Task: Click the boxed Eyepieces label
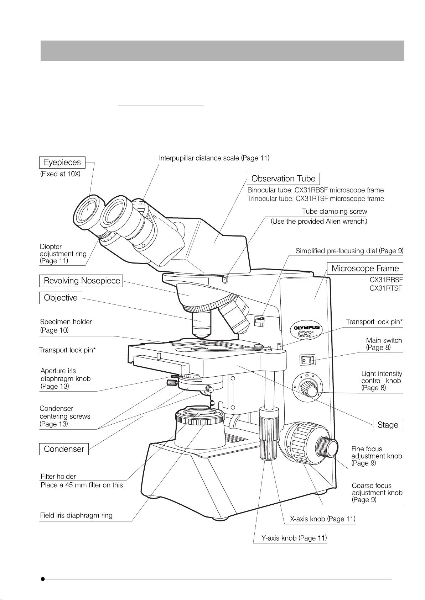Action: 62,163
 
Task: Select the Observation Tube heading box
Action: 283,179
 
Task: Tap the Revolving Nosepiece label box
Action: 81,281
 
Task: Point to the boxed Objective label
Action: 61,298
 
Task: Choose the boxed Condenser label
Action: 64,449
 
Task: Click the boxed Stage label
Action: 388,425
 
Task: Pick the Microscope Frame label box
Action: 365,268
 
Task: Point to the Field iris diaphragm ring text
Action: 76,515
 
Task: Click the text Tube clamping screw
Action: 334,211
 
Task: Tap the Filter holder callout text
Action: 58,477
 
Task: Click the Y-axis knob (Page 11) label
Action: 294,538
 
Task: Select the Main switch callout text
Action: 384,340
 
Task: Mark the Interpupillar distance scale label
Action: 214,158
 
